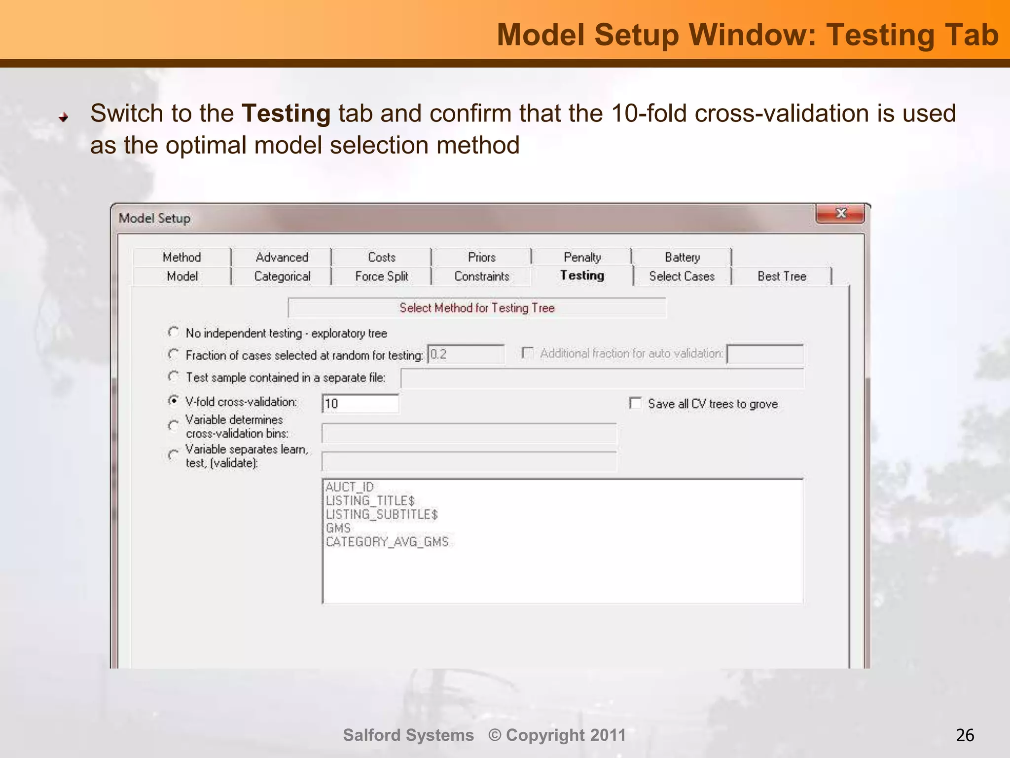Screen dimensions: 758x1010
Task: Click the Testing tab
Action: (582, 275)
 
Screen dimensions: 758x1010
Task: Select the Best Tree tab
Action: (782, 276)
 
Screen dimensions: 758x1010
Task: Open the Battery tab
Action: (682, 257)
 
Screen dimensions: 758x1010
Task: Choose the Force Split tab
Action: (381, 276)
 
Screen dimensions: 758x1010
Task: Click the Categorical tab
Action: (282, 276)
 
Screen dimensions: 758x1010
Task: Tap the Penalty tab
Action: (582, 257)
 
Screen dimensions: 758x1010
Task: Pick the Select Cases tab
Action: (682, 276)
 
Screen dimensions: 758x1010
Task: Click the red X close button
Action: (840, 214)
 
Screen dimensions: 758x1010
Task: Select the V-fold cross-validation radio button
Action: (174, 401)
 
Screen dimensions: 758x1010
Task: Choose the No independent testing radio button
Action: (174, 332)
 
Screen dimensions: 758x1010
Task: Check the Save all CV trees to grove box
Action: (636, 404)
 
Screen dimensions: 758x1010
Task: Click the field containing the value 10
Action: (360, 404)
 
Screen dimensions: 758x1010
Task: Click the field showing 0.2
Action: (466, 354)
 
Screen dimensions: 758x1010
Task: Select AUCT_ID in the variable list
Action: (350, 487)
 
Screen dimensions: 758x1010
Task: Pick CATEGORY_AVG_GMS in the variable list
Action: (387, 542)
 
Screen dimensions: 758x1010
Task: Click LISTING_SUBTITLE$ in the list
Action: (382, 514)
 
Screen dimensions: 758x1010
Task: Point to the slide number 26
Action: (965, 735)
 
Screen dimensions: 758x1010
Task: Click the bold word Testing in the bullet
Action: (286, 114)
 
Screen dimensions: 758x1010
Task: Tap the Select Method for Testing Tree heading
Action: (477, 308)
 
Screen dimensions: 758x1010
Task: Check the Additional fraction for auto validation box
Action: (528, 353)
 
